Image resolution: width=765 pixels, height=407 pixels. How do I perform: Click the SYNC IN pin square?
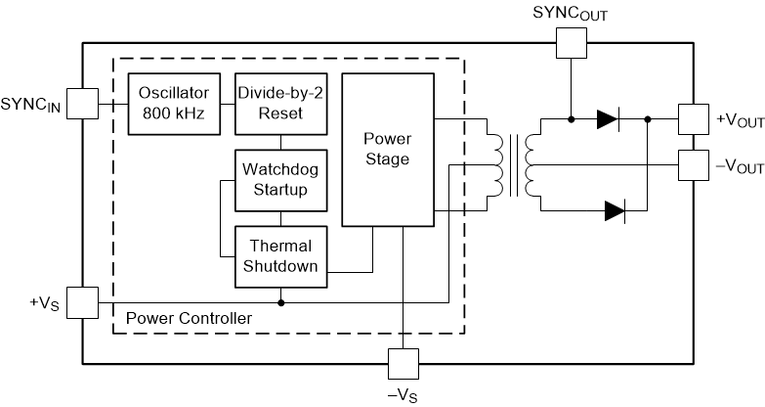[x=84, y=102]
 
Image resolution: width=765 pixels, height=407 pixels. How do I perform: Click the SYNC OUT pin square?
[x=569, y=41]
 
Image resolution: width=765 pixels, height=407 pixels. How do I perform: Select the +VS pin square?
[x=84, y=302]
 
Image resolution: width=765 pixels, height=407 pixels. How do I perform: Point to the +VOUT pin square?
[x=693, y=119]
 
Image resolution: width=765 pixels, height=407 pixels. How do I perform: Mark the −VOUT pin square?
[x=693, y=166]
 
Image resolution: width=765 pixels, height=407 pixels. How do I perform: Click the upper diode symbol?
[x=607, y=119]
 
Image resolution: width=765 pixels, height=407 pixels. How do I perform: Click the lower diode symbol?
[x=614, y=210]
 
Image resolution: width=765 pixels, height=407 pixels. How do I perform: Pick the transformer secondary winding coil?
[x=532, y=165]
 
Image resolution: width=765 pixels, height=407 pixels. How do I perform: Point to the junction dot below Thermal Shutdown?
[x=281, y=302]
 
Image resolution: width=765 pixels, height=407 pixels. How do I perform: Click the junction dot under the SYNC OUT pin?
[x=569, y=119]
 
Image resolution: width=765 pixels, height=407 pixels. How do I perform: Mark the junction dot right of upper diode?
[x=647, y=119]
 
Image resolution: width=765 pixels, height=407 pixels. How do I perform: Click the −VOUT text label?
[x=740, y=167]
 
